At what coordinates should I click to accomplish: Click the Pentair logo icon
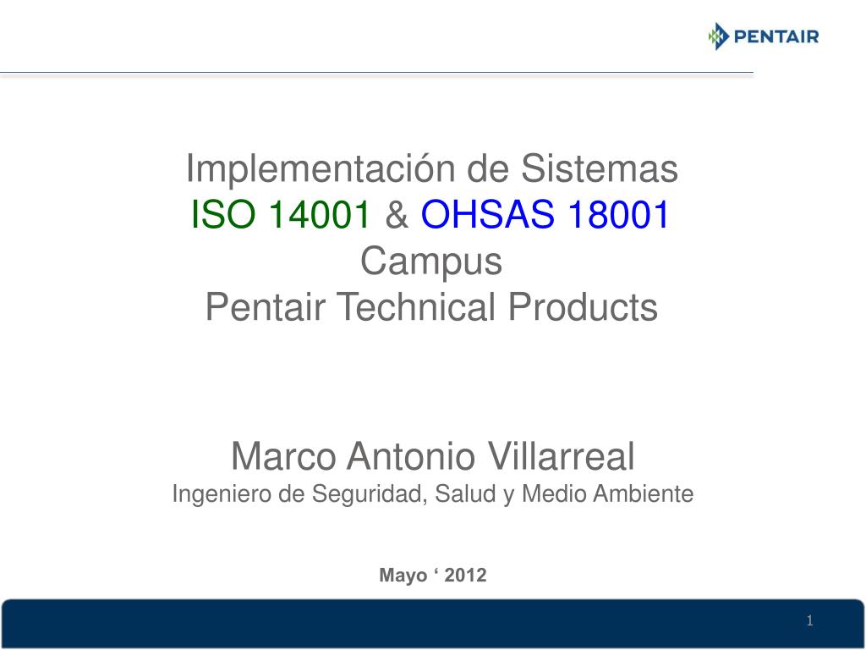coord(719,36)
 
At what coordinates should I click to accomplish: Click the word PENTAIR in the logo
coord(776,37)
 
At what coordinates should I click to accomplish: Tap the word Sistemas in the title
coord(600,168)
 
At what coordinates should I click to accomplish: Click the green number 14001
coord(319,214)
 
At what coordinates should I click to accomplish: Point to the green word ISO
coord(223,214)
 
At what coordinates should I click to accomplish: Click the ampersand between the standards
coord(396,214)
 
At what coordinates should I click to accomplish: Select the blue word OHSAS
coord(487,214)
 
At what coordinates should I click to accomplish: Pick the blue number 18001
coord(618,214)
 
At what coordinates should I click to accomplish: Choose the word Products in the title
coord(583,306)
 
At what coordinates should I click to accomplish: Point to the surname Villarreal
coord(562,456)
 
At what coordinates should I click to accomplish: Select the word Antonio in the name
coord(411,456)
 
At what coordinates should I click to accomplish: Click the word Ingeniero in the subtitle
coord(222,494)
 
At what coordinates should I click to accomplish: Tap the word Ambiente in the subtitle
coord(644,493)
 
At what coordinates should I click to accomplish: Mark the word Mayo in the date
coord(403,576)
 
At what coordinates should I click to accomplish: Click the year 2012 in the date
coord(466,575)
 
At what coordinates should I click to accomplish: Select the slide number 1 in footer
coord(809,620)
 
